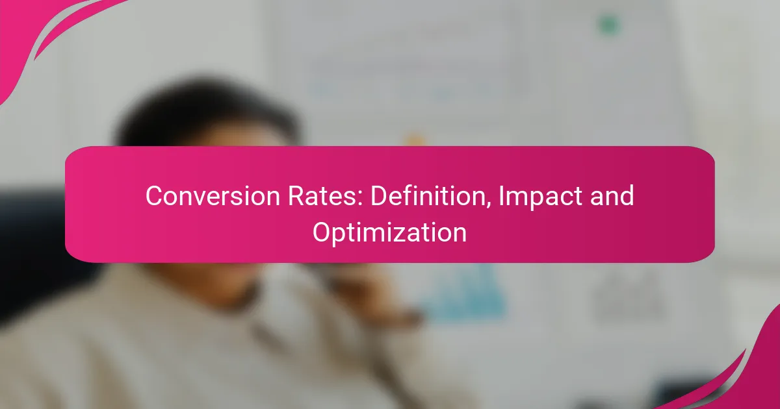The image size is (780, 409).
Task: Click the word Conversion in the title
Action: pyautogui.click(x=213, y=196)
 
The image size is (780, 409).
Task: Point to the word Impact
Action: pyautogui.click(x=540, y=197)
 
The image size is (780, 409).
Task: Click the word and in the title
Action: pyautogui.click(x=612, y=196)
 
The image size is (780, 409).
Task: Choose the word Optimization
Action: pyautogui.click(x=389, y=234)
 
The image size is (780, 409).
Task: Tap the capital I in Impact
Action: pyautogui.click(x=501, y=196)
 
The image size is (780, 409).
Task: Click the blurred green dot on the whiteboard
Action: pyautogui.click(x=608, y=25)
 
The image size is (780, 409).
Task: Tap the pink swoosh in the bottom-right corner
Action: pyautogui.click(x=749, y=376)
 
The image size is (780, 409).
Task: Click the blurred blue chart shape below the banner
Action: pyautogui.click(x=463, y=292)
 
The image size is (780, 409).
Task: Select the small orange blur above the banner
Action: pyautogui.click(x=415, y=140)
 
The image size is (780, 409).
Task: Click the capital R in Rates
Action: pyautogui.click(x=296, y=196)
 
